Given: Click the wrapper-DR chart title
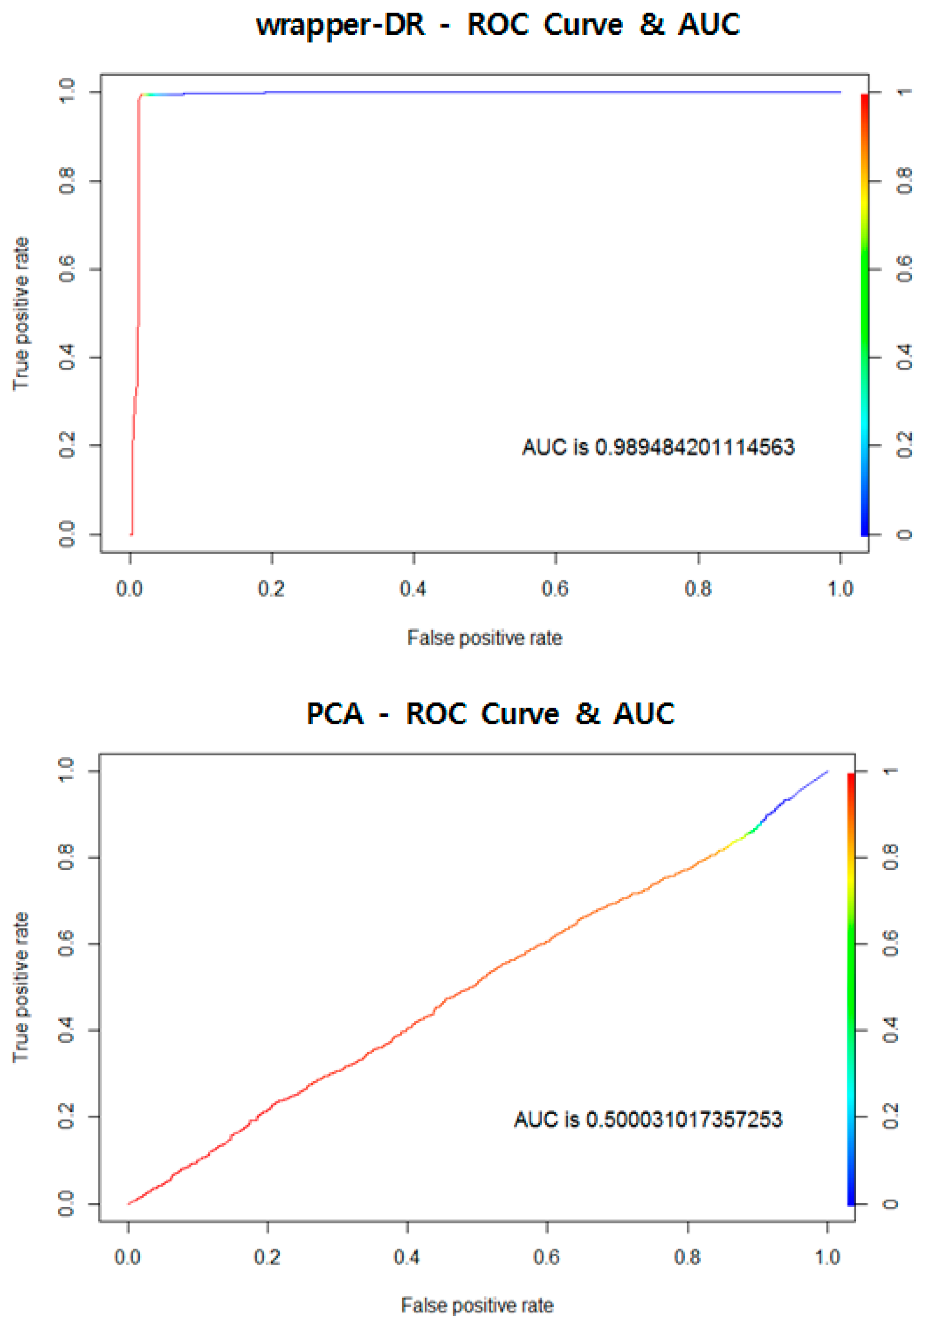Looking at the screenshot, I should coord(497,25).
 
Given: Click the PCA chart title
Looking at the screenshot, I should coord(490,713).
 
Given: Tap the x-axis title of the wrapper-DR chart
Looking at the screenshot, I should coord(484,638).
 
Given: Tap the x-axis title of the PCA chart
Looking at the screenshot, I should coord(477,1305).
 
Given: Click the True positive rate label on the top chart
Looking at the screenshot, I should coord(21,314).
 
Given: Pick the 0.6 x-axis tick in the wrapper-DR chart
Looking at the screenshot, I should coord(555,588).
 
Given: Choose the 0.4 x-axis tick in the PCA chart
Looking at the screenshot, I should coord(407,1256).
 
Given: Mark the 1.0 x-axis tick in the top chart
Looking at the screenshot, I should coord(839,588).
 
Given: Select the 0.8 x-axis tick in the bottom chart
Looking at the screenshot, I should coord(687,1256).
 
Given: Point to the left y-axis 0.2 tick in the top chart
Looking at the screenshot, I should coord(67,445).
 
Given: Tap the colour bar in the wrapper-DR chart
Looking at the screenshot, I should coord(864,315).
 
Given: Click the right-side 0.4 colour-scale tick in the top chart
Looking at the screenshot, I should coord(905,357).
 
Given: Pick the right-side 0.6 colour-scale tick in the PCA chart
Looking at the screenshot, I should coord(891,944).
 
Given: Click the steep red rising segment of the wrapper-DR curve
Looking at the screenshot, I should coord(137,289).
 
